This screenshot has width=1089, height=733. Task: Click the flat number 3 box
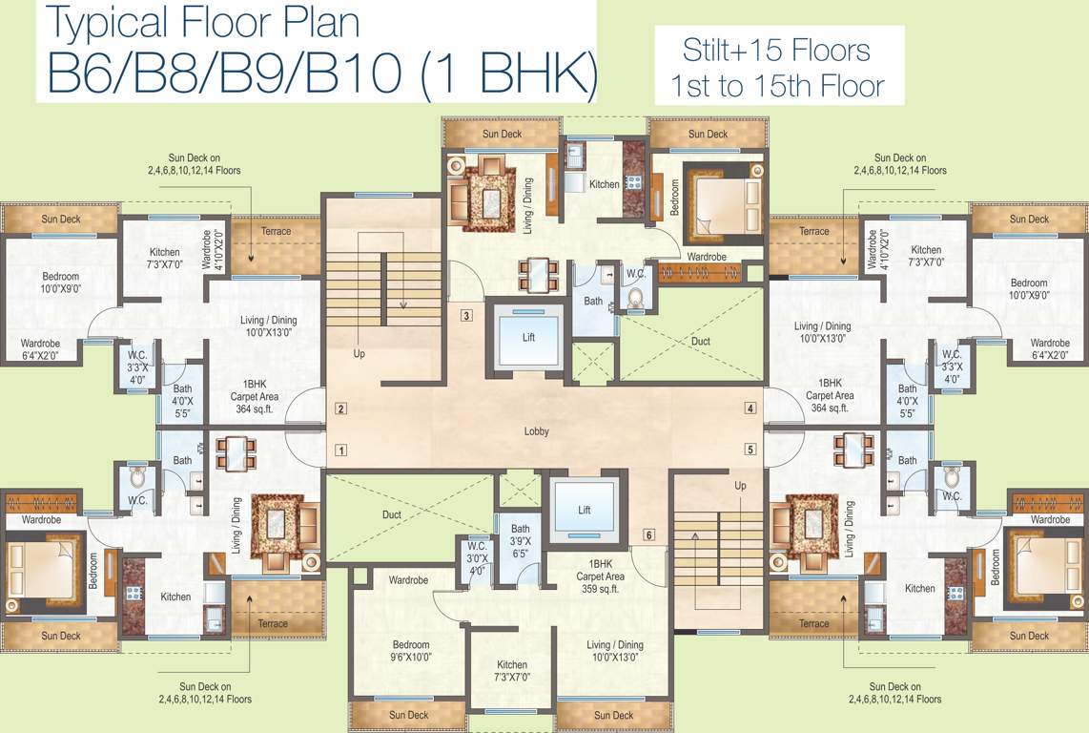coord(466,316)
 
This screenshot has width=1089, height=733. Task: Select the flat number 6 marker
coord(649,534)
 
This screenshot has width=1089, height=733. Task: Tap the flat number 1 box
coord(340,450)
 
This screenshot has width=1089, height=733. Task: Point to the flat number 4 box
coord(750,408)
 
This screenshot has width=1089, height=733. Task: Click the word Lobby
coord(537,431)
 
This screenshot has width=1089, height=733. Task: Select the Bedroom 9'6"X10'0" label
coord(411,651)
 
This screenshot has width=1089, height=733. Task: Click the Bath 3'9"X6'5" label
coord(520,540)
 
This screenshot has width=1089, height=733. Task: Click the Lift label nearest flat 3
coord(528,338)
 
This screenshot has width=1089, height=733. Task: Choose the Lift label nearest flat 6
coord(585,511)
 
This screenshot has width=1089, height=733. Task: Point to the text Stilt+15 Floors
coord(776,50)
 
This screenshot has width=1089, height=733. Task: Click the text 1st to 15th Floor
coord(777,87)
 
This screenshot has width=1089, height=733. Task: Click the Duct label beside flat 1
coord(391,514)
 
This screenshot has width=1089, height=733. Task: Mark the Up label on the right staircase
coord(740,486)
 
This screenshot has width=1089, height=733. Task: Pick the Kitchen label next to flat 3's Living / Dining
coord(604,184)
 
